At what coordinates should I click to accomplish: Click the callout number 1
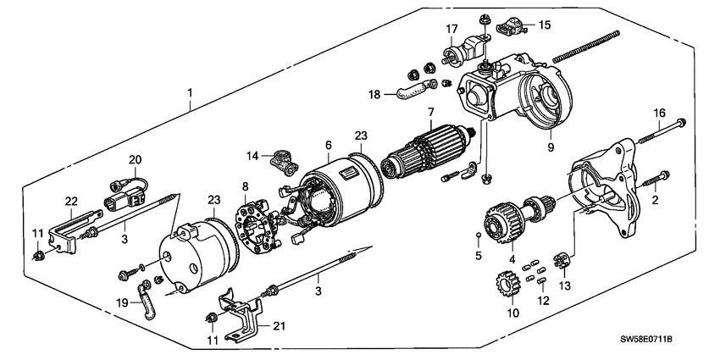(x=191, y=91)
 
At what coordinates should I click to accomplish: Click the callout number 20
(x=133, y=160)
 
